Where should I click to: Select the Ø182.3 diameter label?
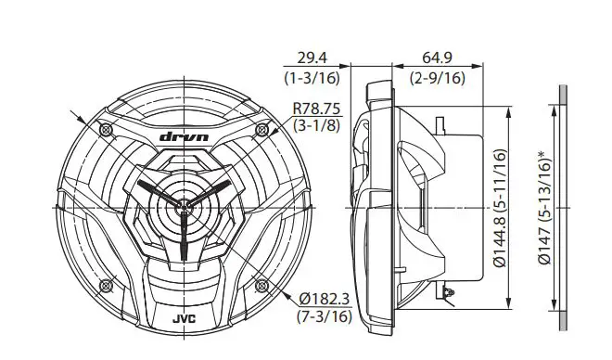pyautogui.click(x=325, y=299)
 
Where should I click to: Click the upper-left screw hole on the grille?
pyautogui.click(x=106, y=126)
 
